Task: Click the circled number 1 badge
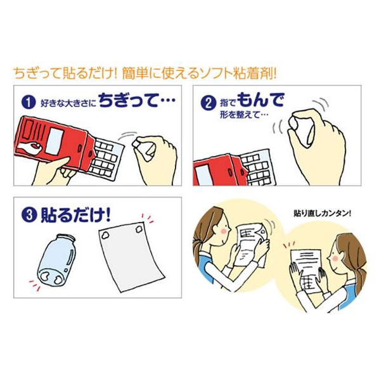[29, 102]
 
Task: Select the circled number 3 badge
[29, 215]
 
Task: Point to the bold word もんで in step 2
[260, 100]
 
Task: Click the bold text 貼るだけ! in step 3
[76, 215]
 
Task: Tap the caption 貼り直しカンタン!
[322, 214]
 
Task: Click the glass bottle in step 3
[56, 260]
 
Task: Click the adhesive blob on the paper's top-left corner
[105, 234]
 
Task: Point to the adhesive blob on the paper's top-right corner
[139, 229]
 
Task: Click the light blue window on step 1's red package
[55, 141]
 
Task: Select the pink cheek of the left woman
[224, 231]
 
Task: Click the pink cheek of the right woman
[335, 259]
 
